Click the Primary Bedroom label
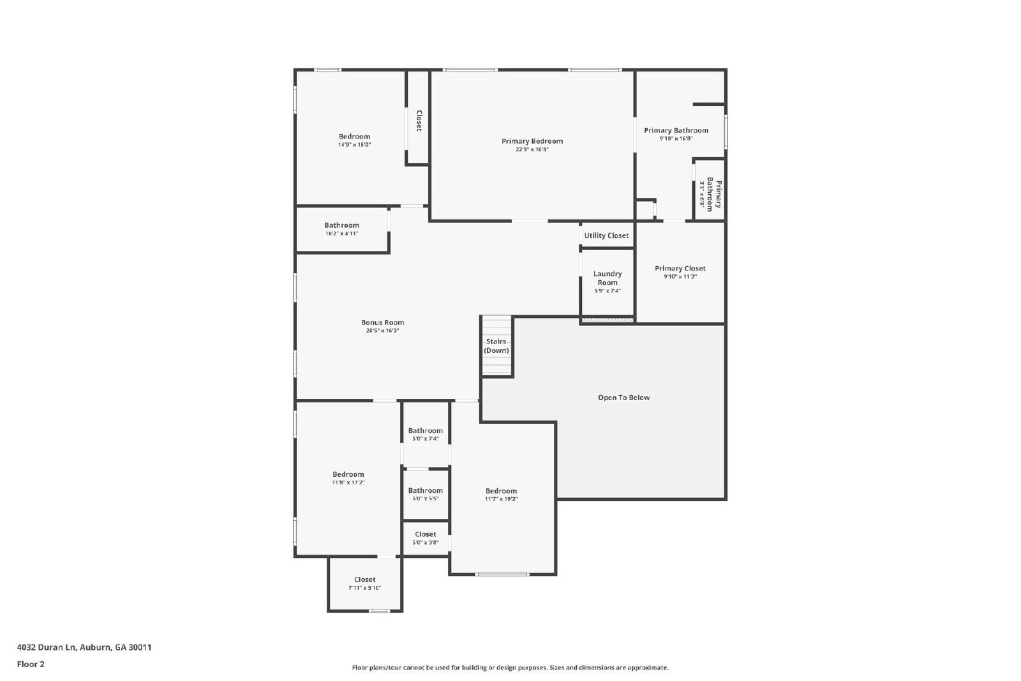(532, 141)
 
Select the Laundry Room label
(607, 278)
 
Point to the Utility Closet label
(606, 236)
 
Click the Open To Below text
(623, 398)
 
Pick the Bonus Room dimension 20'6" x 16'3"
(382, 331)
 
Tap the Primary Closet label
(680, 268)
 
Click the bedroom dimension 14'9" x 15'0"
(354, 145)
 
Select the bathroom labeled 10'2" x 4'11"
(341, 229)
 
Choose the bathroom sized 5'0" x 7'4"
(425, 435)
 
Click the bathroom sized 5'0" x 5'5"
(425, 495)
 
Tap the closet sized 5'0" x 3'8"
(425, 538)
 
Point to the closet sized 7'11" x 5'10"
(364, 584)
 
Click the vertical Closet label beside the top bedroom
(419, 121)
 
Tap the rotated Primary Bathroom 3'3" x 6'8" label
(710, 195)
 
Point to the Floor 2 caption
(31, 664)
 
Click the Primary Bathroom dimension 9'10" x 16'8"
(676, 138)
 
